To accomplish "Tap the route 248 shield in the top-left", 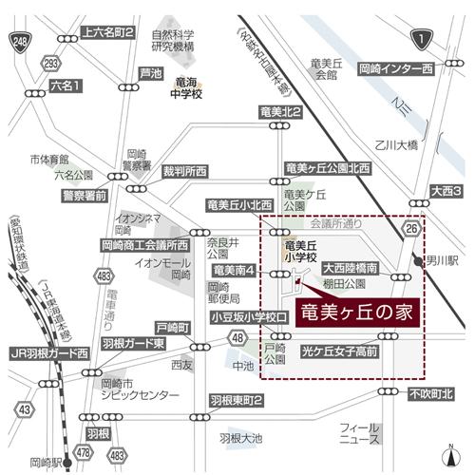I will (19, 41).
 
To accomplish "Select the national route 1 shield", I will (418, 38).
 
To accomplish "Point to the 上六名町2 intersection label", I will (110, 32).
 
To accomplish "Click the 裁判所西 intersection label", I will (184, 171).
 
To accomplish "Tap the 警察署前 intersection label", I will (84, 196).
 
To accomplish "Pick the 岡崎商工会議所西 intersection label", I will (144, 244).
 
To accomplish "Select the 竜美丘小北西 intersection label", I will (239, 204).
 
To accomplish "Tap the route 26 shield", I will (411, 229).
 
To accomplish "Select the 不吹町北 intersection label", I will (431, 393).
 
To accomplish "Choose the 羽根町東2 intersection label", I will (236, 400).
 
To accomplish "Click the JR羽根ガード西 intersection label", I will (48, 352).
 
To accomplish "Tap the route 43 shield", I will (26, 409).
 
